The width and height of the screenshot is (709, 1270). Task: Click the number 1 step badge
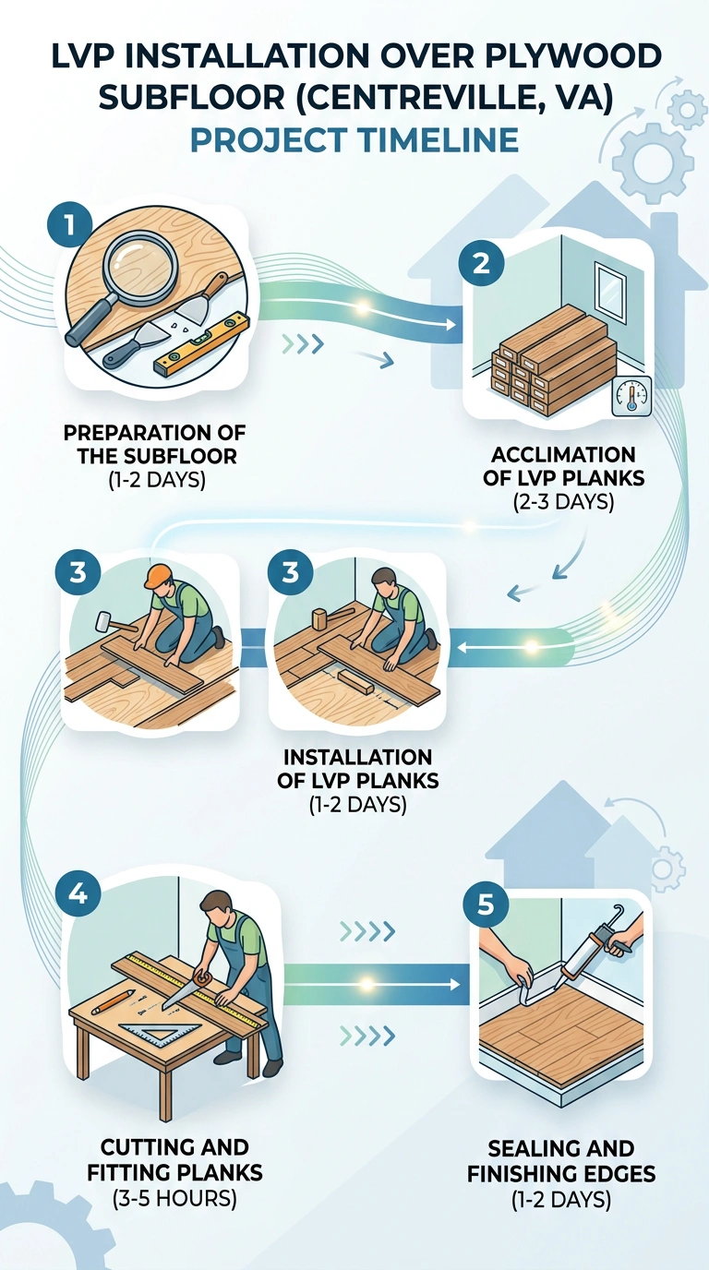coord(70,224)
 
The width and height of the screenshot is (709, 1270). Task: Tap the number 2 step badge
coord(481,263)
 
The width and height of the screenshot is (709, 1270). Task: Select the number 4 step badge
coord(78,894)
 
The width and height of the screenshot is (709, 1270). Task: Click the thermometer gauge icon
coord(631,396)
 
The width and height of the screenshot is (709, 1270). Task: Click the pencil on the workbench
coord(113,1001)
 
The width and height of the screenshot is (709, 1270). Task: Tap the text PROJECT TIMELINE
coord(354,140)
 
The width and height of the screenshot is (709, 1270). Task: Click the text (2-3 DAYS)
coord(563,502)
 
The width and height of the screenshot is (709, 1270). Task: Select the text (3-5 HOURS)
coord(174,1198)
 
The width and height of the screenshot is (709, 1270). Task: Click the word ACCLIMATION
coord(563,455)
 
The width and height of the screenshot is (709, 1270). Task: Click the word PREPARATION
coord(135,433)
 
